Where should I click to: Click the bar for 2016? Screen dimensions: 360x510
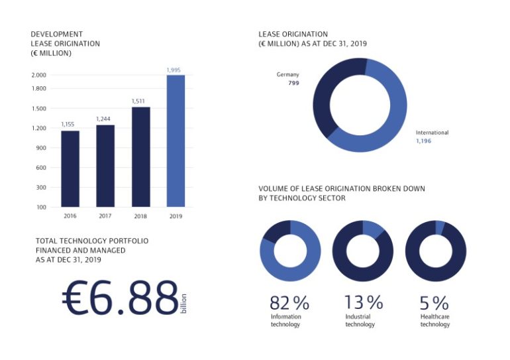pyautogui.click(x=70, y=168)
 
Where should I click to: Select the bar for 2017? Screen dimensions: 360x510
pyautogui.click(x=105, y=166)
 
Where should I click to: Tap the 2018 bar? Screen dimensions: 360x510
pyautogui.click(x=140, y=156)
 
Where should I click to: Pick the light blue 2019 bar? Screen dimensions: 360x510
pyautogui.click(x=176, y=141)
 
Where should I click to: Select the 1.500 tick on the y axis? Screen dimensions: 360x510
pyautogui.click(x=39, y=108)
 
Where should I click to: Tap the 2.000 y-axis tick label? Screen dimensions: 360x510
pyautogui.click(x=39, y=75)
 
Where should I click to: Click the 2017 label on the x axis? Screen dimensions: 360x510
pyautogui.click(x=105, y=216)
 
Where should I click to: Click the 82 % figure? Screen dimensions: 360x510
pyautogui.click(x=289, y=303)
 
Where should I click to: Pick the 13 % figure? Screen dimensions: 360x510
pyautogui.click(x=363, y=303)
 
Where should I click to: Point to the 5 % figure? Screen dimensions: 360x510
pyautogui.click(x=434, y=303)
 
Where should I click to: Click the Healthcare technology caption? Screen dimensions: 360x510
pyautogui.click(x=434, y=321)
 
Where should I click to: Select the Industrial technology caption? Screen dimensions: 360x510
pyautogui.click(x=360, y=321)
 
